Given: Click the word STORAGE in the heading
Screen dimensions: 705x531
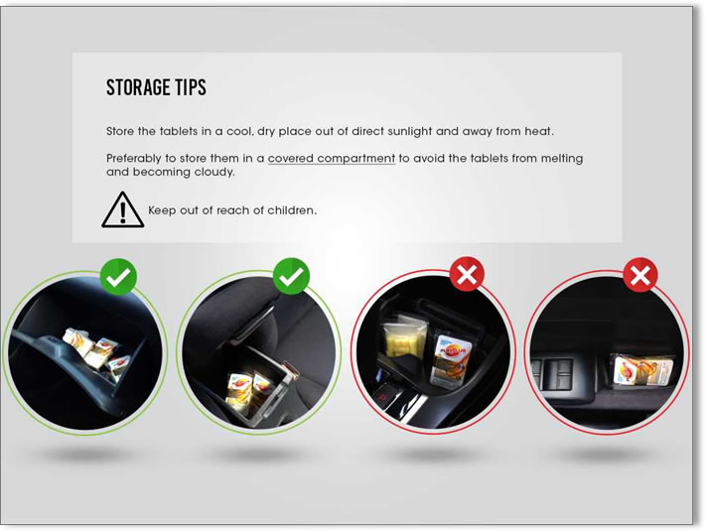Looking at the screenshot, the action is [x=138, y=87].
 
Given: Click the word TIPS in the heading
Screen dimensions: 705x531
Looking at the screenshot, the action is [x=191, y=87].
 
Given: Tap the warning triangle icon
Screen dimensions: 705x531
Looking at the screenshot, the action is [x=123, y=209].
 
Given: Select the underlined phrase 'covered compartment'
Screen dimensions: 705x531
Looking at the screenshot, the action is [x=332, y=159].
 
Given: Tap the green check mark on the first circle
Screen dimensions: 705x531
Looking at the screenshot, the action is [x=118, y=277].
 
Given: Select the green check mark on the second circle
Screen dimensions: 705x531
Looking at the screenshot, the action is [x=291, y=276].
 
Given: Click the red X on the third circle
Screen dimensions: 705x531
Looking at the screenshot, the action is [x=467, y=275].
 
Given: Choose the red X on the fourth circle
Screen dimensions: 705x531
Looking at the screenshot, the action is [x=640, y=275].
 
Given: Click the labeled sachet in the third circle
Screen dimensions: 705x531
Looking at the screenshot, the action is [x=451, y=358].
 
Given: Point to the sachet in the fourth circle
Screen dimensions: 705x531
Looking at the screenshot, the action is [x=642, y=370].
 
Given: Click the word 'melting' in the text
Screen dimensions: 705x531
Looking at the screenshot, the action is [x=562, y=159].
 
